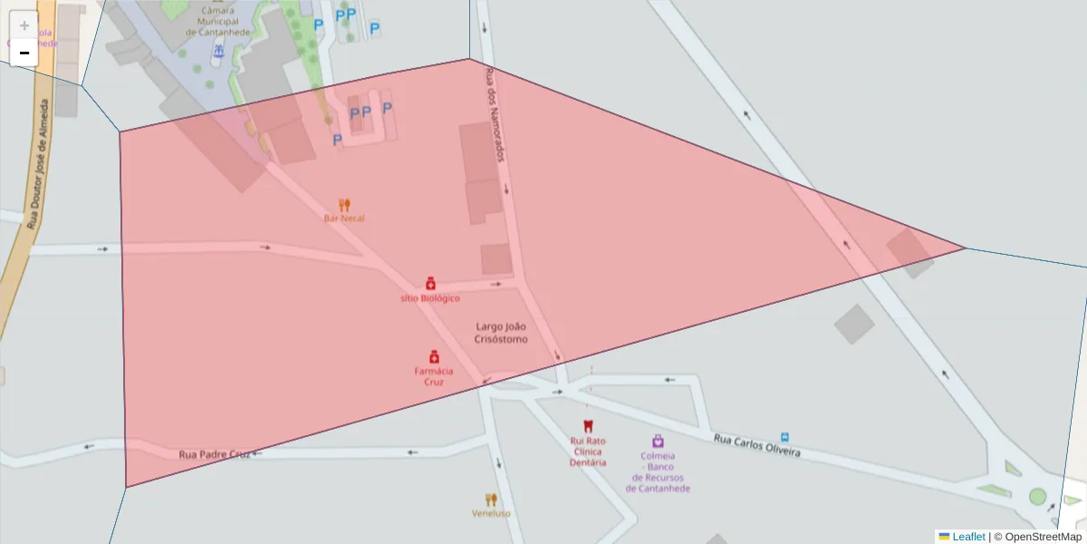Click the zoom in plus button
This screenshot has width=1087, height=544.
pyautogui.click(x=24, y=25)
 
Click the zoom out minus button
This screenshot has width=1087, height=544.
pyautogui.click(x=24, y=53)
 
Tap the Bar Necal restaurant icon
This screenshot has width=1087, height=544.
pyautogui.click(x=344, y=205)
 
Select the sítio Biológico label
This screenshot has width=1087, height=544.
pyautogui.click(x=430, y=298)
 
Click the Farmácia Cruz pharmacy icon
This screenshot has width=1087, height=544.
pyautogui.click(x=434, y=357)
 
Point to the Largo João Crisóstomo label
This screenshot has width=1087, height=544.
pyautogui.click(x=501, y=333)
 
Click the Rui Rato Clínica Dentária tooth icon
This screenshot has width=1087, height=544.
pyautogui.click(x=587, y=425)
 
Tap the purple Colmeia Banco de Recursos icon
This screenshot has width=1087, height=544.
pyautogui.click(x=658, y=441)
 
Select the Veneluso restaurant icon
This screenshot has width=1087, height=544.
pyautogui.click(x=491, y=500)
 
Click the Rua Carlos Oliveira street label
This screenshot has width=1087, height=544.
pyautogui.click(x=756, y=445)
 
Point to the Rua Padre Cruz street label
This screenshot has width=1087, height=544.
pyautogui.click(x=214, y=454)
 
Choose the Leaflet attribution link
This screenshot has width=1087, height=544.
pyautogui.click(x=968, y=537)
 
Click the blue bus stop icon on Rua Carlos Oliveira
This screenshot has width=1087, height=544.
pyautogui.click(x=784, y=436)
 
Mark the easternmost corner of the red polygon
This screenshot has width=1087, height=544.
pyautogui.click(x=966, y=248)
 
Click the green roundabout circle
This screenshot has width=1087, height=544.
pyautogui.click(x=1037, y=496)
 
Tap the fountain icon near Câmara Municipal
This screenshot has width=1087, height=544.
pyautogui.click(x=217, y=53)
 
